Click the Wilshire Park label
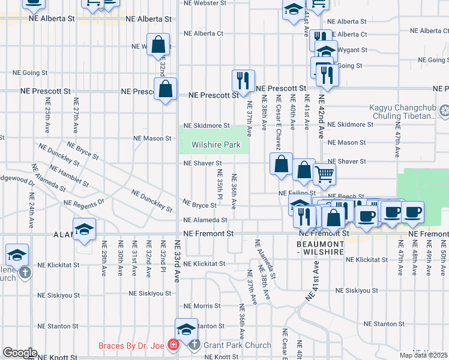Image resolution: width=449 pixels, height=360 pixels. (x=215, y=145)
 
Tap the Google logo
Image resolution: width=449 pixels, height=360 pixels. (x=20, y=353)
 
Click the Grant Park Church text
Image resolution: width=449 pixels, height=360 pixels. (x=237, y=346)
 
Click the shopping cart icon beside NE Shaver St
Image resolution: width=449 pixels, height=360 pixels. (x=324, y=174)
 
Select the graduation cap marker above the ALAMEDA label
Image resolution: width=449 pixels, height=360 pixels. (x=84, y=229)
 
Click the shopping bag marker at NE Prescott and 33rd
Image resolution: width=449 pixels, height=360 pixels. (x=166, y=89)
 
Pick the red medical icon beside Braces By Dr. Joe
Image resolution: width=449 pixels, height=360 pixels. (x=173, y=345)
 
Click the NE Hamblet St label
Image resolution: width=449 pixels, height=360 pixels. (x=70, y=177)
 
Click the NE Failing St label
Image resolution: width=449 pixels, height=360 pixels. (x=297, y=193)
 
